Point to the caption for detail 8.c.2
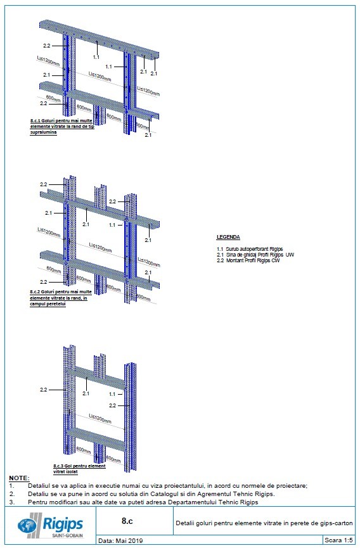click(60, 298)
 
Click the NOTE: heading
click(18, 478)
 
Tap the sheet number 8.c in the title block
click(127, 521)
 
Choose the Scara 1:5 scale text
click(338, 541)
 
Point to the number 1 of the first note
click(11, 485)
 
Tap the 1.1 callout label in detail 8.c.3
click(112, 393)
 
